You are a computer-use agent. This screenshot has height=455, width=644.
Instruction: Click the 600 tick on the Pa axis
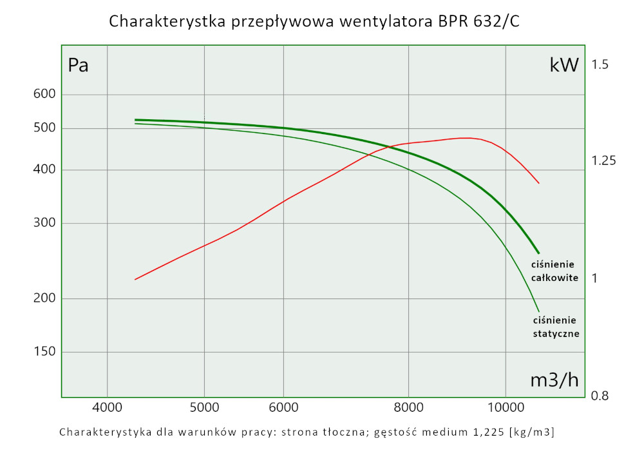[x=44, y=94]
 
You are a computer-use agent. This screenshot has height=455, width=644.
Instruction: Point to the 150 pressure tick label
[x=44, y=352]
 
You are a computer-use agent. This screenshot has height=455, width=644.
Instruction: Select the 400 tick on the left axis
[x=44, y=169]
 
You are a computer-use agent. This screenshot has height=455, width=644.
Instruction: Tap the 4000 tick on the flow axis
[x=107, y=407]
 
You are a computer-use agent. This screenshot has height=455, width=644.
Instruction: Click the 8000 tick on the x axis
[x=408, y=407]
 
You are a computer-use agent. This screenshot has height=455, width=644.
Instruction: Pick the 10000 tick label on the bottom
[x=506, y=407]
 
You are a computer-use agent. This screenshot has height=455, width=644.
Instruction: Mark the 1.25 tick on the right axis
[x=604, y=160]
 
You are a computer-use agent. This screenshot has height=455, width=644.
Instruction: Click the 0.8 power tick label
[x=600, y=396]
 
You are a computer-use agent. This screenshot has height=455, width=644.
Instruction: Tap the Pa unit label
[x=78, y=66]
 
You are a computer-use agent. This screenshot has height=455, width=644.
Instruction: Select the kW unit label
[x=564, y=64]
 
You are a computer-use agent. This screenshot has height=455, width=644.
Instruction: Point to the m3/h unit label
[x=554, y=380]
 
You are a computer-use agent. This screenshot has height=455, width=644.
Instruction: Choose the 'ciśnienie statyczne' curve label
[x=556, y=327]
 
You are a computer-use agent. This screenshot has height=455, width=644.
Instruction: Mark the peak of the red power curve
[x=465, y=138]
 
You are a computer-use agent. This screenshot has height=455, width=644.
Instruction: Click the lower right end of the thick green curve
[x=538, y=253]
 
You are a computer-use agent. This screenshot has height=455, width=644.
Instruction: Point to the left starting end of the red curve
[x=135, y=279]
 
